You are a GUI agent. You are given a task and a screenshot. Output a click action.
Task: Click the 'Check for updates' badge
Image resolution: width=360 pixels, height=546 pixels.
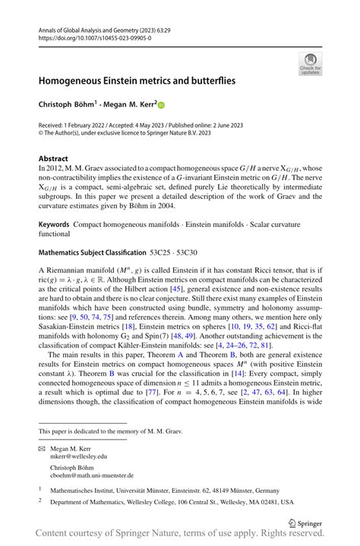[x=310, y=65]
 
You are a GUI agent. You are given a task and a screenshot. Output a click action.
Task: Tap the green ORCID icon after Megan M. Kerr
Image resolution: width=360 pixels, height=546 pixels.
[x=161, y=104]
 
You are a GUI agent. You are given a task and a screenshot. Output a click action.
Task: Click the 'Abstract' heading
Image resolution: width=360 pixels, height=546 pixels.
[x=53, y=159]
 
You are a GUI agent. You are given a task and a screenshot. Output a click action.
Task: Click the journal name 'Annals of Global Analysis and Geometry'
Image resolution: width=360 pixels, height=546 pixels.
[x=97, y=29]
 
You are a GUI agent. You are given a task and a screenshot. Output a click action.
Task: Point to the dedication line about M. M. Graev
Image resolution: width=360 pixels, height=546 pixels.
[x=109, y=431]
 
